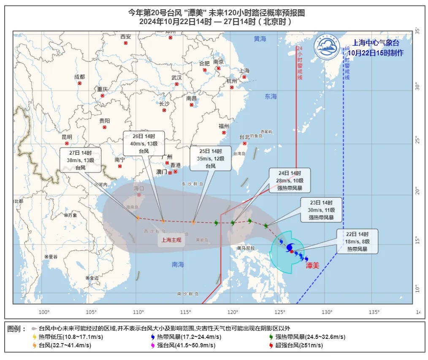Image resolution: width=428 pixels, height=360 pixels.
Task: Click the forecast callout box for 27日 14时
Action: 80,160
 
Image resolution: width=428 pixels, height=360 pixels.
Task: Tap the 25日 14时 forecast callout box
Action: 211,158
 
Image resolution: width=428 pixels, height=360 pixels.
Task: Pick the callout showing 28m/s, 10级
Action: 290,180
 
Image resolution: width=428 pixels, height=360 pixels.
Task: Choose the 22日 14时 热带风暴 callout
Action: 357,241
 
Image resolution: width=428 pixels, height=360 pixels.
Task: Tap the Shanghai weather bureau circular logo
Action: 327,47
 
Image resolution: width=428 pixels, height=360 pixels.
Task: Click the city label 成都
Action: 79,77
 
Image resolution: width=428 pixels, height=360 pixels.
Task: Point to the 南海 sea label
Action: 178,265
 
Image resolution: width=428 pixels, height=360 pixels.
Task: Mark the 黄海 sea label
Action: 260,39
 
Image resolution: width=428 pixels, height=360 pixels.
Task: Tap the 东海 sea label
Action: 271,96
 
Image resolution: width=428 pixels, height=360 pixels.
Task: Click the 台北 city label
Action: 244,137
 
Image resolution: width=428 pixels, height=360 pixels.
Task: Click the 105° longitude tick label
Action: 92,312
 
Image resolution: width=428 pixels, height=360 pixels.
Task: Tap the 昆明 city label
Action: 67,137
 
